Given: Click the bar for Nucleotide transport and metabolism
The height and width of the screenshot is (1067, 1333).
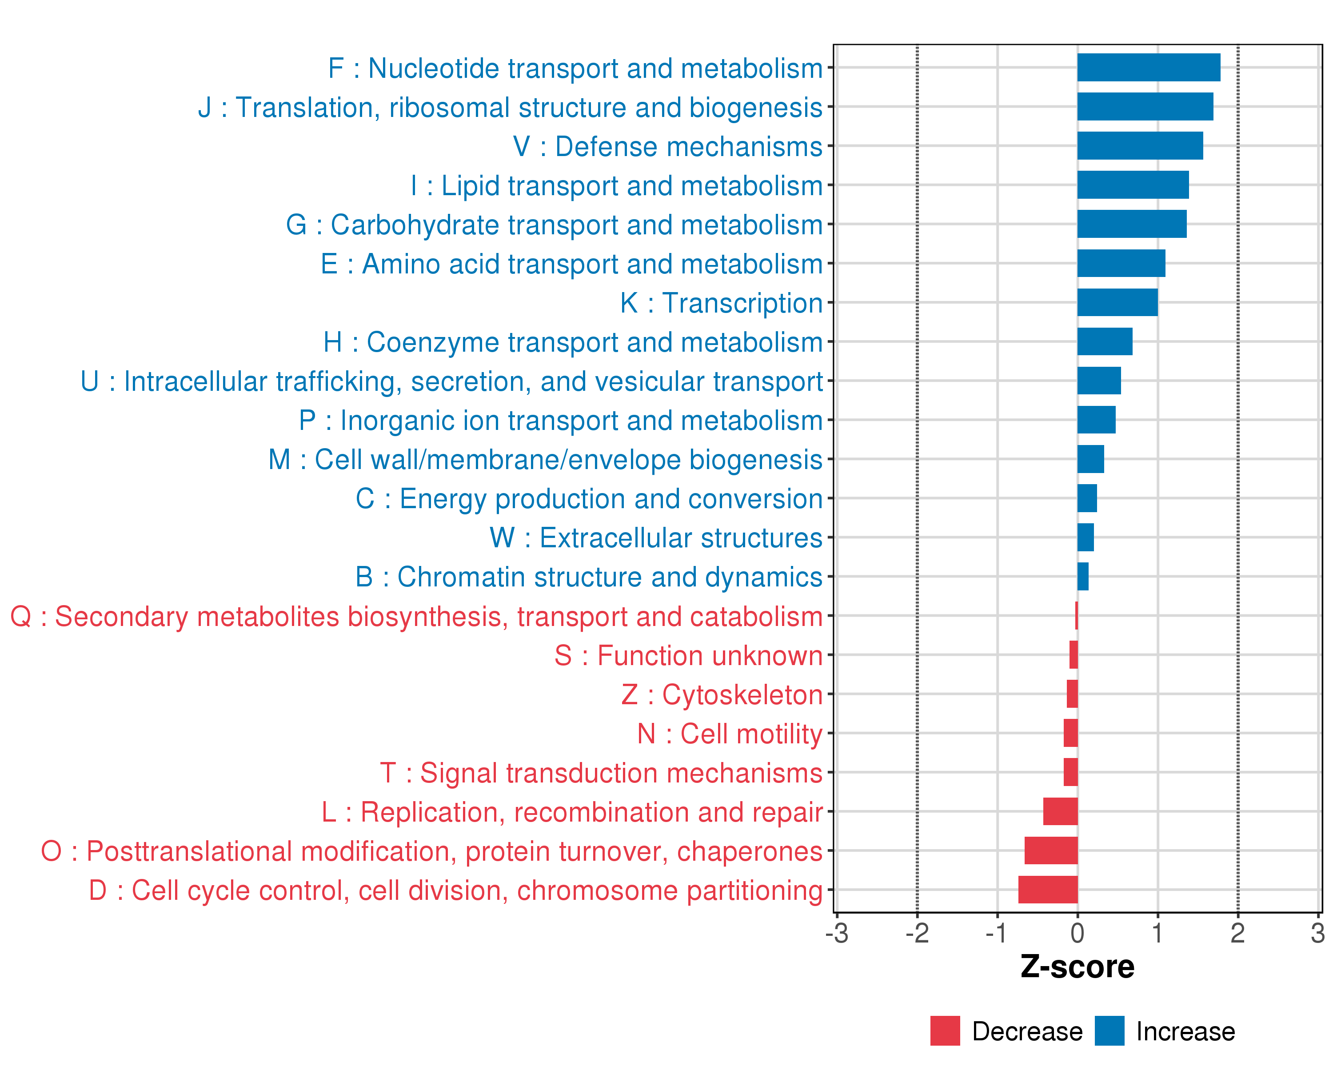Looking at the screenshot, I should click(x=1148, y=68).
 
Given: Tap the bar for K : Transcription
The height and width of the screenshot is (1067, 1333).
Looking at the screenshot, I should click(x=1117, y=302).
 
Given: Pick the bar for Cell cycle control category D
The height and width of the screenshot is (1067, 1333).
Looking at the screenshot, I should click(x=1048, y=890).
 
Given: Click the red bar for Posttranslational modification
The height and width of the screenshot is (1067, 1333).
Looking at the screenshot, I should click(x=1051, y=850).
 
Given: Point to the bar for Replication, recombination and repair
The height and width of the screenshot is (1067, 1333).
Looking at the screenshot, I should click(x=1060, y=811).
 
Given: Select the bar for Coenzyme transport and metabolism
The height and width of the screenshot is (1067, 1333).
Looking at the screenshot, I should click(x=1105, y=341).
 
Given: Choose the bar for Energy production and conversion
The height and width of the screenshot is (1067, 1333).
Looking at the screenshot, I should click(x=1087, y=498).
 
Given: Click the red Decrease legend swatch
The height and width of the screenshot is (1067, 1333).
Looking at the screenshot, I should click(x=945, y=1031).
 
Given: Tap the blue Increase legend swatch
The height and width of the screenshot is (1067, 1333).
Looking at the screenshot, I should click(x=1109, y=1031).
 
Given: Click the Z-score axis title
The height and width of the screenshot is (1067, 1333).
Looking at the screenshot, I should click(x=1077, y=967).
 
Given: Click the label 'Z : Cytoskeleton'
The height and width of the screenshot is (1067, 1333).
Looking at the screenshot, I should click(x=722, y=694).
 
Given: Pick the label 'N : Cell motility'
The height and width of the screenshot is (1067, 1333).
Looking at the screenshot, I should click(x=730, y=734).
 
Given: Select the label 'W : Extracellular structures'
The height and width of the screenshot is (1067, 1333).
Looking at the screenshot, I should click(x=656, y=538).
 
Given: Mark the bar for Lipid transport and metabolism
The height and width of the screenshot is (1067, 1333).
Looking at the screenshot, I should click(x=1133, y=185).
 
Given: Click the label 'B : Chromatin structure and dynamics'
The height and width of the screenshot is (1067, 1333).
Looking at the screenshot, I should click(x=589, y=577).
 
